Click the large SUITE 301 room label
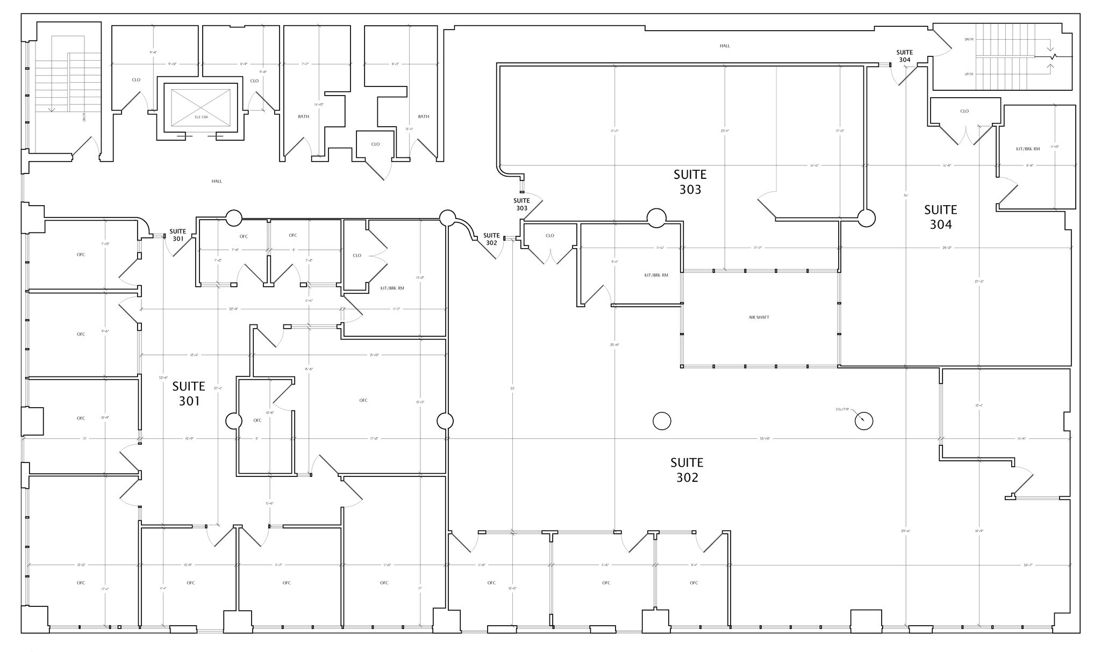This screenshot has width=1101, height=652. (189, 394)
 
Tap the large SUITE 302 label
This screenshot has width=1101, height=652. (687, 470)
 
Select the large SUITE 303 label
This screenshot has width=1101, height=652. (690, 182)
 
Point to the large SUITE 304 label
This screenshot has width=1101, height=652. (941, 217)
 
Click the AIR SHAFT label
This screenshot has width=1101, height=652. (759, 317)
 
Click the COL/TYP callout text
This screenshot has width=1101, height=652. (842, 409)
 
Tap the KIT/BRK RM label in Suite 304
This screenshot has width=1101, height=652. (1027, 149)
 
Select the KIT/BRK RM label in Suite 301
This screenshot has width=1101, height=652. (392, 288)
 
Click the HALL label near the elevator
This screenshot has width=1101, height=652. (217, 182)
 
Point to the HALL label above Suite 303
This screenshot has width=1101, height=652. (725, 46)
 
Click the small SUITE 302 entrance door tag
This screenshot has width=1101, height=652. (491, 239)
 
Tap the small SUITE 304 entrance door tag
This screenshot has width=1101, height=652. (904, 56)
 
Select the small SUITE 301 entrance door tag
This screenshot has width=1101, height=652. (178, 235)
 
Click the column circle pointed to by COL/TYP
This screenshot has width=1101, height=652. (864, 421)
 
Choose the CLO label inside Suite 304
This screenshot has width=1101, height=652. (964, 111)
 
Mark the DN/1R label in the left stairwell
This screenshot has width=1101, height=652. (84, 117)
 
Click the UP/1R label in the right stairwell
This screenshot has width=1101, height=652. (969, 74)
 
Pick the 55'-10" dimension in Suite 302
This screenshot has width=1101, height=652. (764, 438)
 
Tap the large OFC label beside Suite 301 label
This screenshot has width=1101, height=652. (363, 400)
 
